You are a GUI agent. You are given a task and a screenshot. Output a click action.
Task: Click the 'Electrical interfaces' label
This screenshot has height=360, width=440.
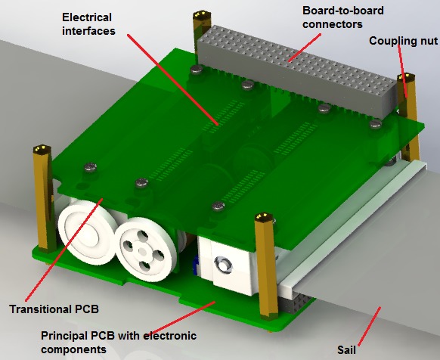88,24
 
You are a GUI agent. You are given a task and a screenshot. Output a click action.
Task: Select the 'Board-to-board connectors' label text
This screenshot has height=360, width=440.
343,17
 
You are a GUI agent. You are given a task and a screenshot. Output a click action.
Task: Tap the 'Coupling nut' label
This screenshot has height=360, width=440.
403,41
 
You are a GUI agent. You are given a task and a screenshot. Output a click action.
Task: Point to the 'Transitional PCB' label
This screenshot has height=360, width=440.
54,309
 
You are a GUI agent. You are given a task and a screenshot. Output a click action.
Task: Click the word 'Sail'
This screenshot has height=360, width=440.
346,350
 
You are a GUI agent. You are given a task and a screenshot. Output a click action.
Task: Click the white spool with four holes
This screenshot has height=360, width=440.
146,249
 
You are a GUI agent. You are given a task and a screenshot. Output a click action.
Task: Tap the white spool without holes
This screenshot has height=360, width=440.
88,234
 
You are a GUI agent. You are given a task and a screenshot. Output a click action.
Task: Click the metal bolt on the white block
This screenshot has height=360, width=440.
223,265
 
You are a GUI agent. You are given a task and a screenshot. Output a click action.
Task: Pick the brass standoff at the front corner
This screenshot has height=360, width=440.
267,267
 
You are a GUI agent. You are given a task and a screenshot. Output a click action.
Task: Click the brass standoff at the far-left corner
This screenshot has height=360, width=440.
45,198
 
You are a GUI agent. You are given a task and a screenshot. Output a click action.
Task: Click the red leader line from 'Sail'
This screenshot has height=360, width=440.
369,326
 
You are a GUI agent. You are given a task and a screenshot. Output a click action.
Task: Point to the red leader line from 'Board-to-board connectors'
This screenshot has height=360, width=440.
305,48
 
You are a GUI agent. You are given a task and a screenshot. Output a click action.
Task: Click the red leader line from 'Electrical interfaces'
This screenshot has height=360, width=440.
172,79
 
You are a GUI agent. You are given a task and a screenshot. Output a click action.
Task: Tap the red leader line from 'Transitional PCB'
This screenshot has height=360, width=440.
64,250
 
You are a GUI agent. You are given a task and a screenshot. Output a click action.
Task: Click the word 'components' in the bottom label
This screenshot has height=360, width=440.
74,350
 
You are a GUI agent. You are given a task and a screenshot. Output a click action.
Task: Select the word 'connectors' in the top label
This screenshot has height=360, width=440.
333,24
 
